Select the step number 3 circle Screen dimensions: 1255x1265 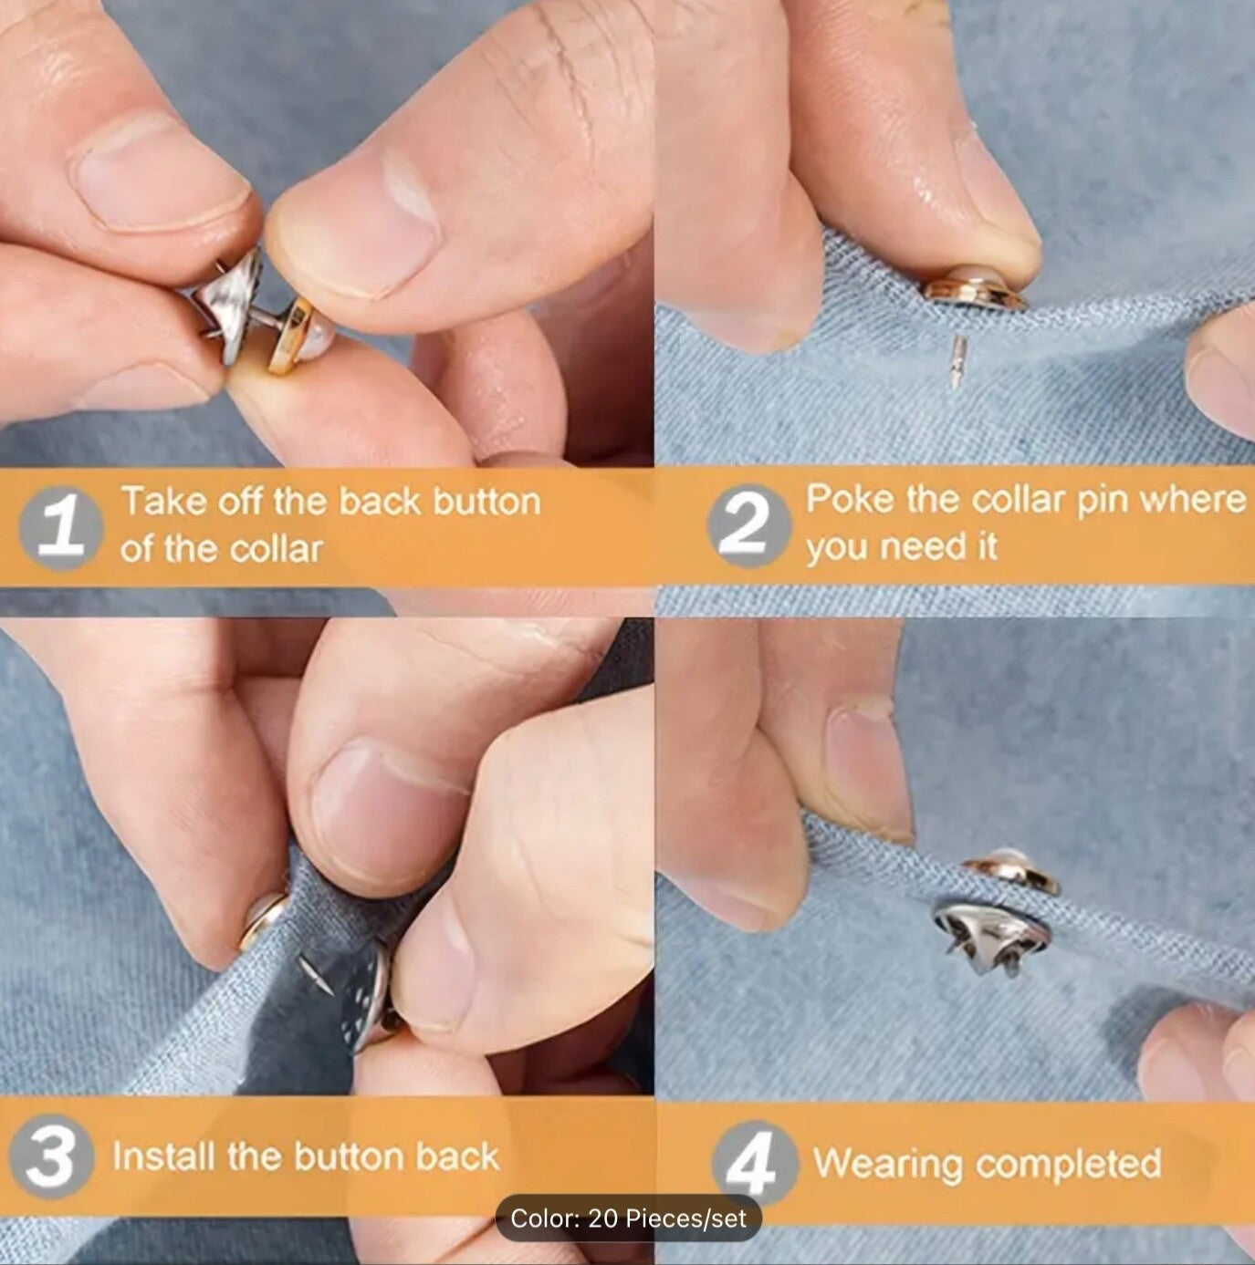[50, 1159]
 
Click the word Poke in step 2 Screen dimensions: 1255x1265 [850, 500]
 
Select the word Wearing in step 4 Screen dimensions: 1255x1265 [888, 1163]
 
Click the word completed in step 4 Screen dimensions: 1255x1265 [1069, 1164]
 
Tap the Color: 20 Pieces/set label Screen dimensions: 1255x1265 [628, 1218]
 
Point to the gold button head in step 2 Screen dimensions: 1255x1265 [975, 289]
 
